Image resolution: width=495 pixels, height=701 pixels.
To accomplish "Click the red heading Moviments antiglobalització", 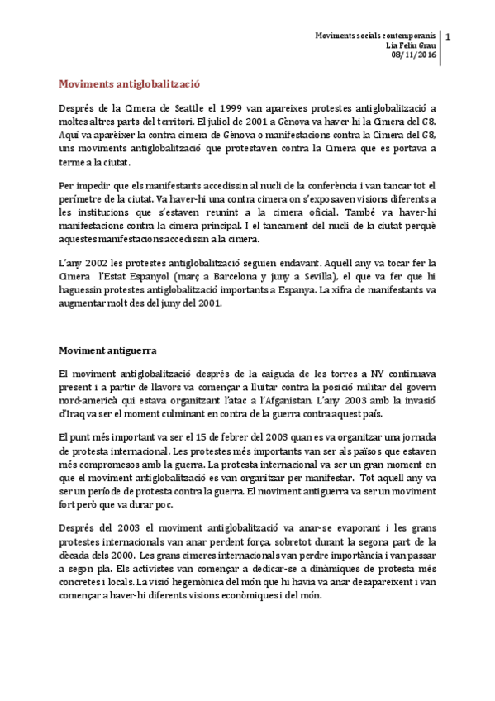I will point(129,83).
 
